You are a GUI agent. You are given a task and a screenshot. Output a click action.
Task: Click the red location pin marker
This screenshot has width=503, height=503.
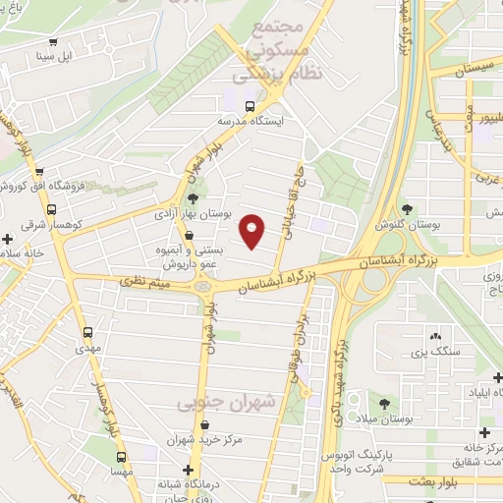pos(252,232)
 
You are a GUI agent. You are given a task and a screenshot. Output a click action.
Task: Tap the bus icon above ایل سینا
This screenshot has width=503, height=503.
pos(53,41)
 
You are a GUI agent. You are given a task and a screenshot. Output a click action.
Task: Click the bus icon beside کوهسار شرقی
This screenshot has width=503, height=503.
pos(50,209)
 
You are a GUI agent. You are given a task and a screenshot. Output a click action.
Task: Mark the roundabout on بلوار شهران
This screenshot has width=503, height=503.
pos(204,286)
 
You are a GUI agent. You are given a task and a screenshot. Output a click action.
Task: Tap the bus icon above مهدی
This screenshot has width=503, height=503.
pos(88,332)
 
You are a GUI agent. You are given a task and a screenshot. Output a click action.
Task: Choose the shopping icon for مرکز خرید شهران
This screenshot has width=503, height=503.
pos(204,424)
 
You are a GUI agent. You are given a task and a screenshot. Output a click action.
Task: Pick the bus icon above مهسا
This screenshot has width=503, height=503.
pos(122,457)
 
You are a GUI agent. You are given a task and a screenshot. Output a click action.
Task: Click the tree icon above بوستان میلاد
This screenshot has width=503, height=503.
pos(384,403)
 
